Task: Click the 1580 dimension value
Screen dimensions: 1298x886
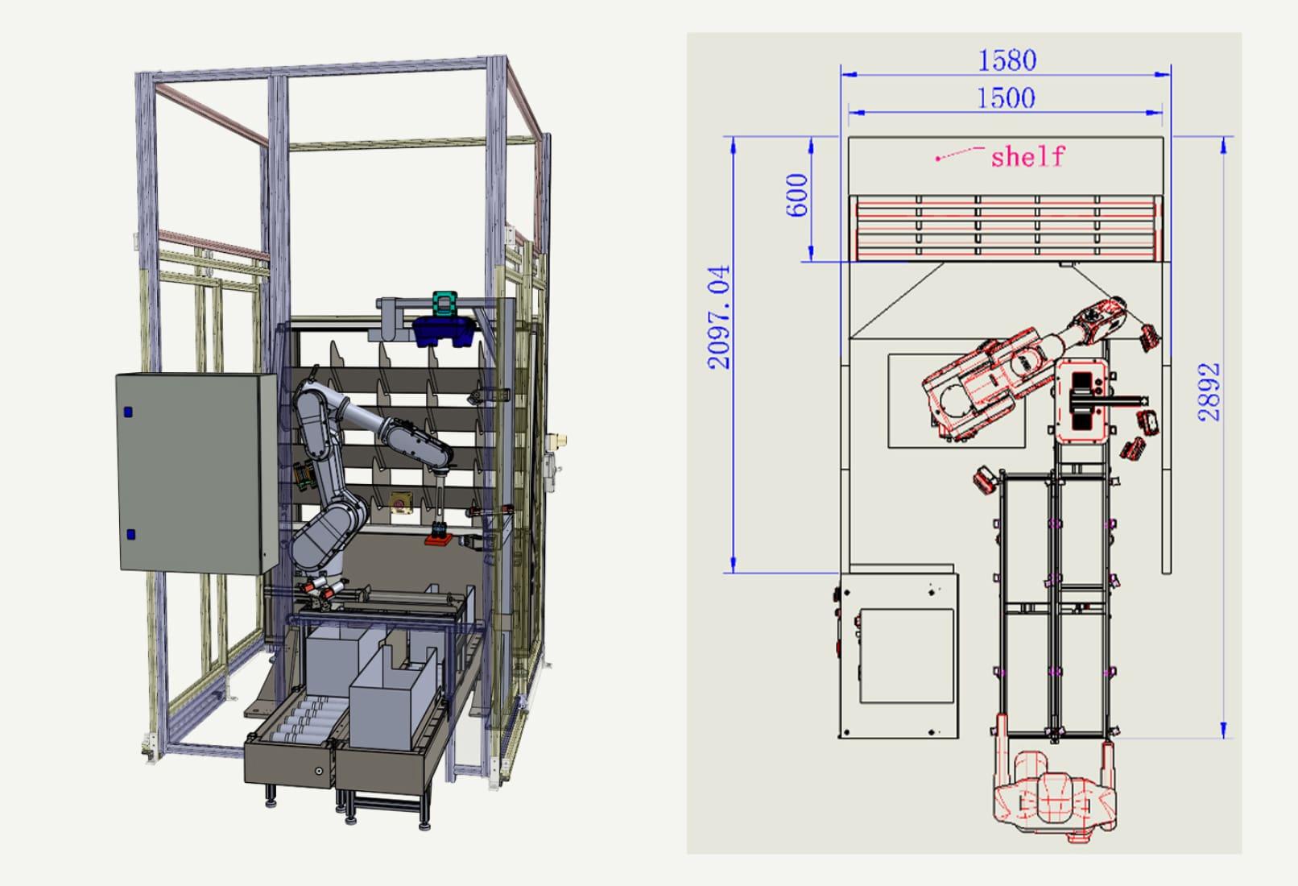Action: coord(1007,60)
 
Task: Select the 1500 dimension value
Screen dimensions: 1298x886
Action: coord(1006,98)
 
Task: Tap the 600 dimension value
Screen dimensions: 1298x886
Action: coord(797,195)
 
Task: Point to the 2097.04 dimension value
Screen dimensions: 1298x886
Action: coord(719,317)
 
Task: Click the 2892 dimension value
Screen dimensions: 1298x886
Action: coord(1209,391)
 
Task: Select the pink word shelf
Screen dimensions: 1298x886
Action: coord(1028,156)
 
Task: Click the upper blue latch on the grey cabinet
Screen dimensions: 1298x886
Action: coord(128,412)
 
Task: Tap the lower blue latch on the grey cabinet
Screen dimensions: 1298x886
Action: coord(130,534)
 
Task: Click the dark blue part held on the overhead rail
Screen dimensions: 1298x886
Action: coord(444,331)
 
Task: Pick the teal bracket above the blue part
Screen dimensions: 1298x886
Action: coord(445,303)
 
